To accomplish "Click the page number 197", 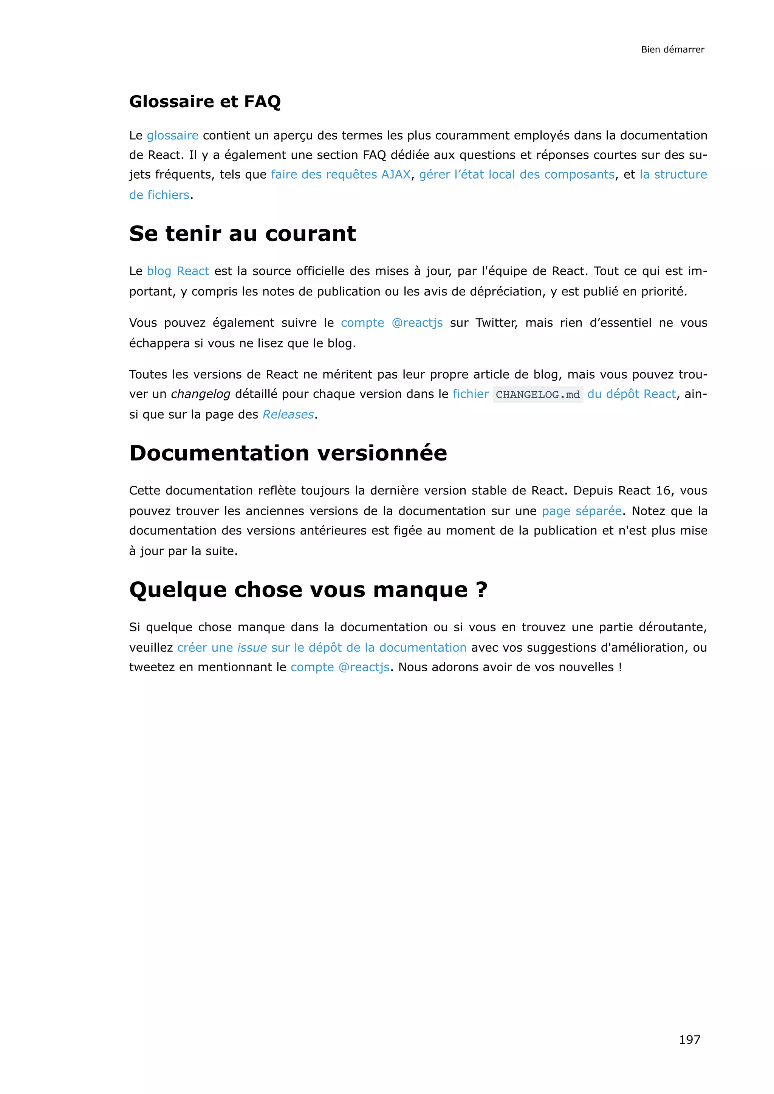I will coord(689,1039).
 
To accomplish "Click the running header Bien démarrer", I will coord(672,49).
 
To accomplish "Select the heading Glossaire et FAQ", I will coord(205,102).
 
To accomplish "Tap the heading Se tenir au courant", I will coord(242,233).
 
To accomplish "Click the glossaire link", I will coord(173,135).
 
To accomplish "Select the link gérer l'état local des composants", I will coord(517,175).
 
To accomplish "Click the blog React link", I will coord(178,271).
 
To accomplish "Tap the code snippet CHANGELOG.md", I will coord(538,394).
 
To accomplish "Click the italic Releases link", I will coord(288,414).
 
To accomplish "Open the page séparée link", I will coord(582,511).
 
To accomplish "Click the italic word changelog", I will coord(200,394).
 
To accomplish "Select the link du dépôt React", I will coord(631,394).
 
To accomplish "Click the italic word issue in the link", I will coord(252,647).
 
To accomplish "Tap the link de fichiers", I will coord(159,195).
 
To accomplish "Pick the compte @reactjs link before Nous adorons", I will coord(340,667).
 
